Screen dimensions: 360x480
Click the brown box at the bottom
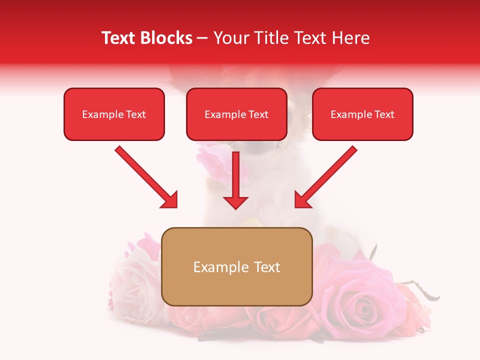point(236,290)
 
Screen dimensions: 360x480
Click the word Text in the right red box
point(384,114)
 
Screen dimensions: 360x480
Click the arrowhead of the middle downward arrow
point(236,202)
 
